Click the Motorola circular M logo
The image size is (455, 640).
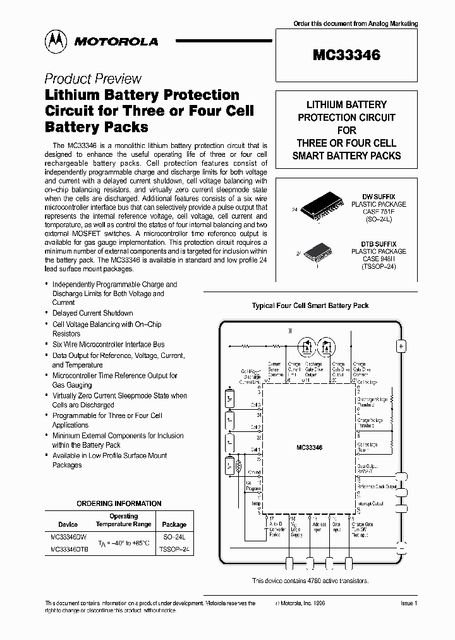pyautogui.click(x=57, y=41)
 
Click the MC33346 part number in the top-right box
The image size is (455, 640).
pyautogui.click(x=346, y=55)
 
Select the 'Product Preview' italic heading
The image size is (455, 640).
pyautogui.click(x=93, y=79)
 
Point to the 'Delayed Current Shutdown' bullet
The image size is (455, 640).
pyautogui.click(x=92, y=313)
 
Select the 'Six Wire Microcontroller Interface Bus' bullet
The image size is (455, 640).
pyautogui.click(x=108, y=345)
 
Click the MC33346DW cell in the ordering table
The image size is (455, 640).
pyautogui.click(x=68, y=536)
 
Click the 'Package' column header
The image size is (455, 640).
pyautogui.click(x=174, y=524)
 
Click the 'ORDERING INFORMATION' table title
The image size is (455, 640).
pyautogui.click(x=119, y=503)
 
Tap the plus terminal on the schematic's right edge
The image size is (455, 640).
pyautogui.click(x=401, y=347)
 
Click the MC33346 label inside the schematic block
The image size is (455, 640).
pyautogui.click(x=309, y=448)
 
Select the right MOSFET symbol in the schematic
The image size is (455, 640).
pyautogui.click(x=327, y=346)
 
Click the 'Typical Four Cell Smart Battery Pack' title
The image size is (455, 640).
pyautogui.click(x=310, y=305)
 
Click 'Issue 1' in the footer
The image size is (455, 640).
pyautogui.click(x=409, y=604)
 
